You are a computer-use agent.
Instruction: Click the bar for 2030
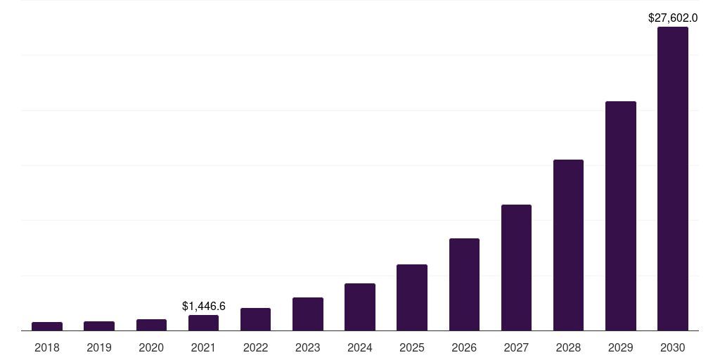(672, 179)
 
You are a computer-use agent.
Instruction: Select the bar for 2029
(620, 216)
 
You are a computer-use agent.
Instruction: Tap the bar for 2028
(568, 245)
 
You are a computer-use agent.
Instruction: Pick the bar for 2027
(516, 267)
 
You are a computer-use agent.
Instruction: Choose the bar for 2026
(464, 284)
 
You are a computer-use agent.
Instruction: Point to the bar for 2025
(412, 297)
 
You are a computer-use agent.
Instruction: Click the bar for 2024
(360, 307)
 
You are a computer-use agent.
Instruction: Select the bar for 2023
(308, 314)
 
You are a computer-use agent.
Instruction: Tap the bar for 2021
(203, 323)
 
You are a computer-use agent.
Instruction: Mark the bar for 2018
(47, 326)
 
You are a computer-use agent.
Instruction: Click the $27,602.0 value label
(672, 18)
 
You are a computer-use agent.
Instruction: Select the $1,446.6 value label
(203, 306)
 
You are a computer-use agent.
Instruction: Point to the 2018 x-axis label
(47, 347)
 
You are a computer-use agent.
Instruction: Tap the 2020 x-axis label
(151, 347)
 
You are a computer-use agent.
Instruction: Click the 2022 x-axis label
(255, 347)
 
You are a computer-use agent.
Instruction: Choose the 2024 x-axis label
(360, 347)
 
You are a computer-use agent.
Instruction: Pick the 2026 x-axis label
(464, 347)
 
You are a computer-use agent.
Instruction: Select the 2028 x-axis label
(568, 347)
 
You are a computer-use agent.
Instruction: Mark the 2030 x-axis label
(672, 347)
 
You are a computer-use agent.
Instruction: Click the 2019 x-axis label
(99, 347)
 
